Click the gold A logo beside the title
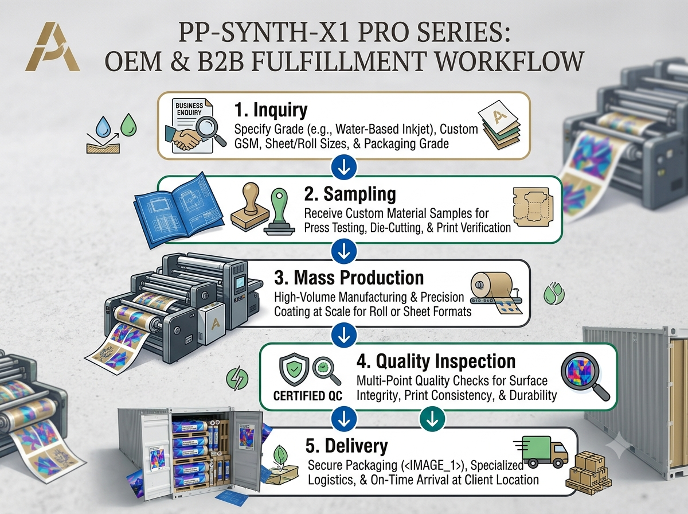[52, 46]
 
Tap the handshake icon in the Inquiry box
[183, 138]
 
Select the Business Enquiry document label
[189, 109]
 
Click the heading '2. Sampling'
[350, 194]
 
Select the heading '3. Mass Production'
[349, 278]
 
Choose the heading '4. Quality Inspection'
[436, 361]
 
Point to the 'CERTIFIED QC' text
[308, 396]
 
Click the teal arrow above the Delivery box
[432, 419]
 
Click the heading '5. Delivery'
[347, 446]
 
